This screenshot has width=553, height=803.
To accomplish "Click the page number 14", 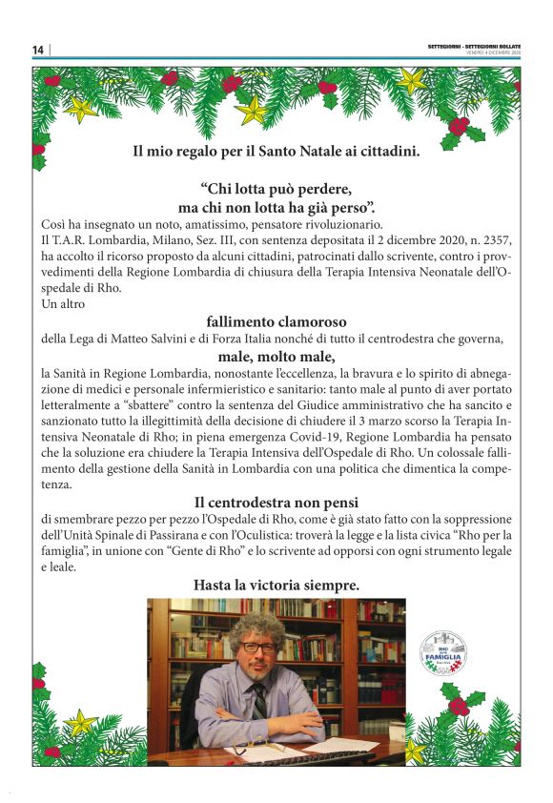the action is click(x=37, y=50).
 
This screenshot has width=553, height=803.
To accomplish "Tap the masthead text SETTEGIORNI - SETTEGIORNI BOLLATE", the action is click(x=475, y=46).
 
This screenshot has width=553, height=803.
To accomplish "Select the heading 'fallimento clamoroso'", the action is click(x=276, y=321).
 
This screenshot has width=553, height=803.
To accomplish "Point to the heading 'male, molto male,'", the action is click(x=276, y=357).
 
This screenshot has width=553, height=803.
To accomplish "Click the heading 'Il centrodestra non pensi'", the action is click(x=276, y=502).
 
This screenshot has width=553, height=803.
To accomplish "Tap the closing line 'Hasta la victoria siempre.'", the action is click(x=276, y=584).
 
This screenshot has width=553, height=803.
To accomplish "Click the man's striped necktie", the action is click(x=258, y=701).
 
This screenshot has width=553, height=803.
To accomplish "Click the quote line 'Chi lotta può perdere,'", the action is click(x=276, y=187).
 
